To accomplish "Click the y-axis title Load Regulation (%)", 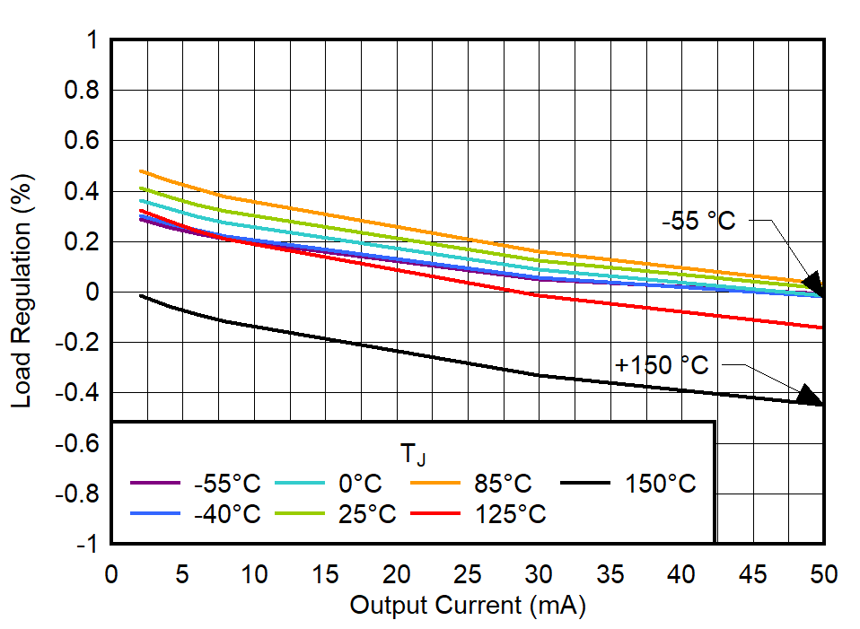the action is pyautogui.click(x=22, y=293).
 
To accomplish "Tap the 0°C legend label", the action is pyautogui.click(x=360, y=485).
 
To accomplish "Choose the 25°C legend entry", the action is pyautogui.click(x=367, y=514).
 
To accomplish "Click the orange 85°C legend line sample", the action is pyautogui.click(x=434, y=484).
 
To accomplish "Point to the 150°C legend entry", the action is pyautogui.click(x=660, y=485).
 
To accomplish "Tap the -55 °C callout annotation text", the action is pyautogui.click(x=698, y=221).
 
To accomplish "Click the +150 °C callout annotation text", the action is pyautogui.click(x=661, y=365).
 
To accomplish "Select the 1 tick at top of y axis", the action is pyautogui.click(x=92, y=40).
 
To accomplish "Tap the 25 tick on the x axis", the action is pyautogui.click(x=468, y=574).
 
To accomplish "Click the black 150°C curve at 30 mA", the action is pyautogui.click(x=539, y=375).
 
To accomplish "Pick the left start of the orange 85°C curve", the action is pyautogui.click(x=141, y=170).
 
